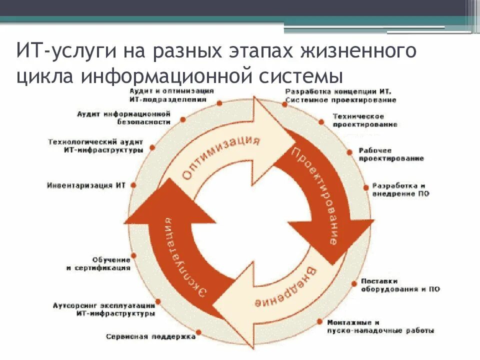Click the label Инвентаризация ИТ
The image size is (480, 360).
[x=86, y=185]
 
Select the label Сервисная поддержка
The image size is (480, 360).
[x=150, y=336]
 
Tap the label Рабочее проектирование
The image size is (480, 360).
[x=390, y=154]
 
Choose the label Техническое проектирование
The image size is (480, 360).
[x=365, y=120]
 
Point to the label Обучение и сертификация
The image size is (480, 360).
[x=98, y=264]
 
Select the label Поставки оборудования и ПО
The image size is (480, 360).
[x=400, y=285]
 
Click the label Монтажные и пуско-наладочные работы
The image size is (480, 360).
[x=380, y=326]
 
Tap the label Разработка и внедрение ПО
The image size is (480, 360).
[x=400, y=189]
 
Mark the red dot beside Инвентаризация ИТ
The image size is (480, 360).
[x=133, y=185]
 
